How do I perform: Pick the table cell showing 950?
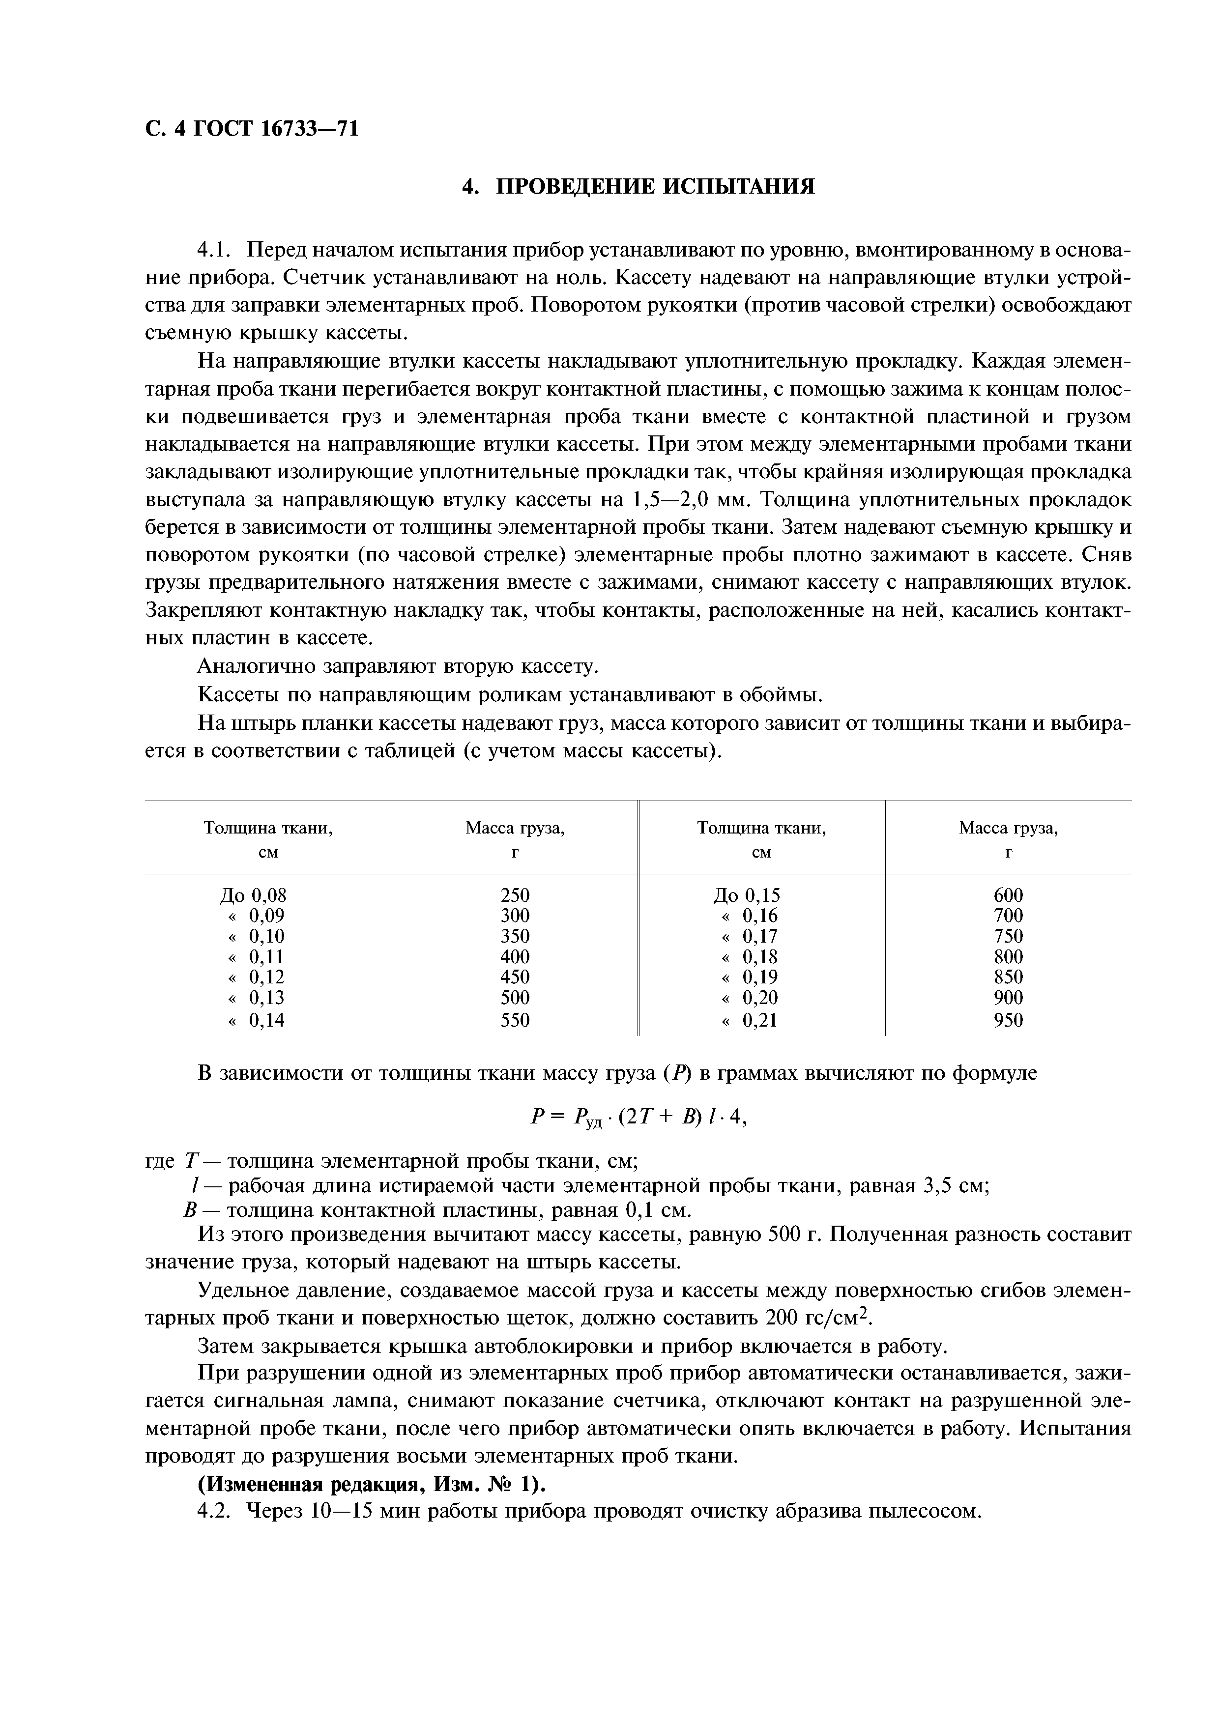1008,1020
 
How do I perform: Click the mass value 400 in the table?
515,957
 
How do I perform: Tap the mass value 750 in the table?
1008,936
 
